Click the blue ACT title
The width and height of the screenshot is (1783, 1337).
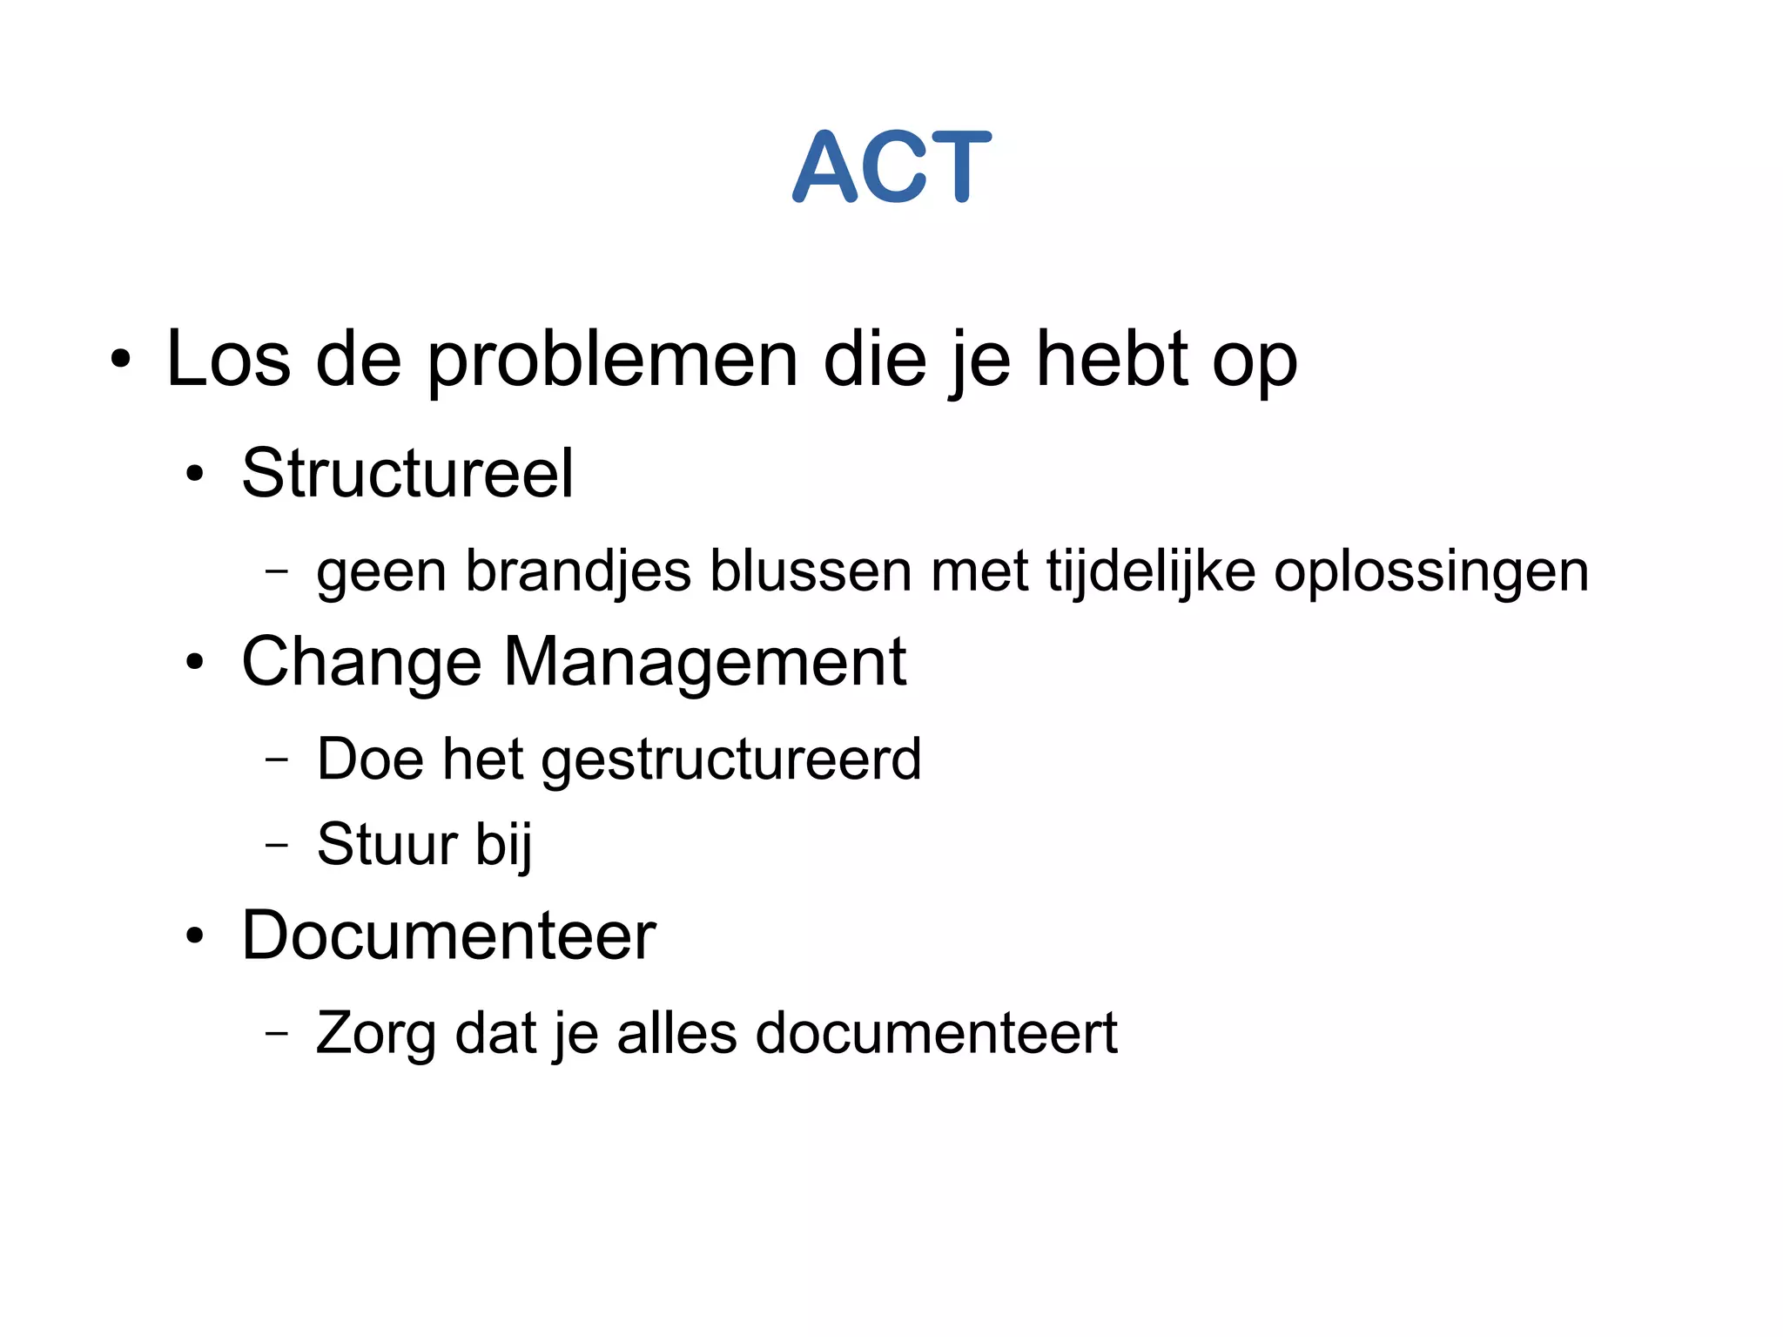pyautogui.click(x=891, y=166)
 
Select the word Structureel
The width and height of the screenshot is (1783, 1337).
pyautogui.click(x=407, y=473)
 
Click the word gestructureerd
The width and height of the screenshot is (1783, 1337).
pyautogui.click(x=731, y=760)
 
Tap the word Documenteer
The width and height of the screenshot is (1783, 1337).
pyautogui.click(x=448, y=935)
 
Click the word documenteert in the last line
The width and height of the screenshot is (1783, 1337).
pyautogui.click(x=936, y=1034)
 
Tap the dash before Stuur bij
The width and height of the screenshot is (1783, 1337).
pyautogui.click(x=276, y=844)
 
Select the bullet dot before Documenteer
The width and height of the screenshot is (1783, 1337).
pyautogui.click(x=194, y=936)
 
